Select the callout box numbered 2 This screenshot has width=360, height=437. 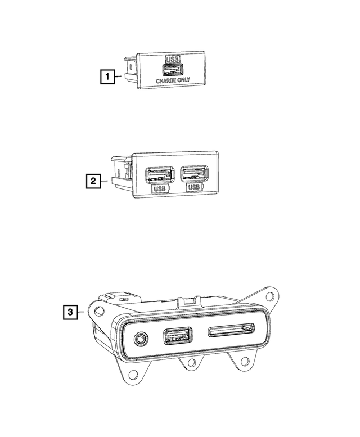[x=93, y=181]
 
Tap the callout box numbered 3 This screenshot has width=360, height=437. [x=70, y=312]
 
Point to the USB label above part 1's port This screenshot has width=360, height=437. [x=173, y=59]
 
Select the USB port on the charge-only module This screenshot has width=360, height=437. [x=173, y=70]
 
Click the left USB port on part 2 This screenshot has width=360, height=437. [x=160, y=175]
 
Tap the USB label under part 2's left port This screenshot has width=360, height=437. [x=160, y=188]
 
